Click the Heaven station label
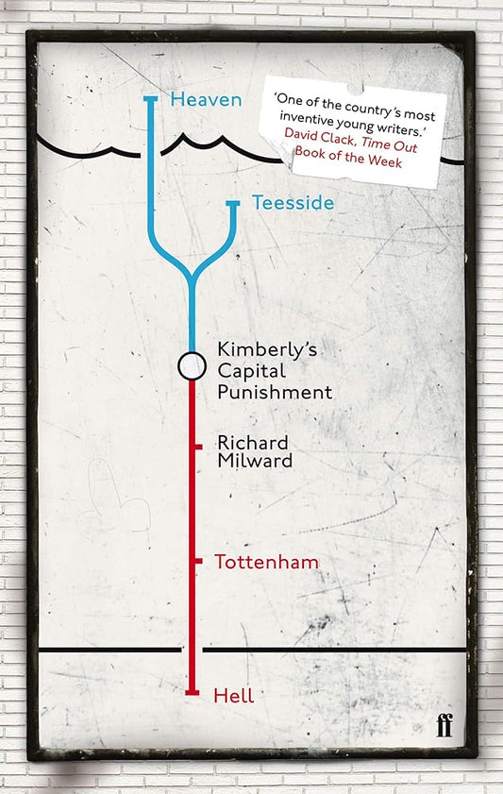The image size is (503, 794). (x=206, y=98)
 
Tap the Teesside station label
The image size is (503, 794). (x=293, y=202)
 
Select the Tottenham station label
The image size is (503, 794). (x=266, y=562)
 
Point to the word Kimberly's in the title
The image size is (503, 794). (x=267, y=348)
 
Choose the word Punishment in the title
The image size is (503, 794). (x=275, y=391)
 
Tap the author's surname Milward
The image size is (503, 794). (x=254, y=461)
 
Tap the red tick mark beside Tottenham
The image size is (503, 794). (x=197, y=562)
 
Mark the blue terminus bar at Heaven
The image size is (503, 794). (x=150, y=97)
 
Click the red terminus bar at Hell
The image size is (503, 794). (x=192, y=695)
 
